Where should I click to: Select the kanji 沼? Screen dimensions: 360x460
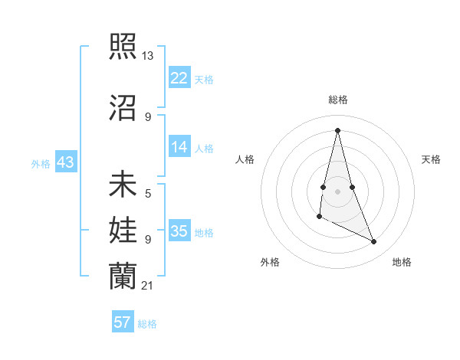123,108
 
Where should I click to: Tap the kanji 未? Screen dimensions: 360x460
123,185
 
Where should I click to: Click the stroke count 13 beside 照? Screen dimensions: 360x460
147,55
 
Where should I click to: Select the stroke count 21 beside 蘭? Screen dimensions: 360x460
147,286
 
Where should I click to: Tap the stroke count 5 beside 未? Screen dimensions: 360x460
147,195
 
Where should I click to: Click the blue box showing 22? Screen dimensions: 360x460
179,78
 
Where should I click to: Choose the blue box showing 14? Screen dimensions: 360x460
179,147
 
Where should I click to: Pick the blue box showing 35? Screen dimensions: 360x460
179,231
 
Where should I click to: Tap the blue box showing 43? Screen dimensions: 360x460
65,162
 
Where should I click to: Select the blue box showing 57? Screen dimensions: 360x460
123,322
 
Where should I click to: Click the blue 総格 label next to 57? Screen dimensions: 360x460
147,324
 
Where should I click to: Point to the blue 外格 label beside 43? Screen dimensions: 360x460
41,164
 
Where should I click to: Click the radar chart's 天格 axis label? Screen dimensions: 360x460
432,159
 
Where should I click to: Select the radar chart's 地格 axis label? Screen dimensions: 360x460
402,262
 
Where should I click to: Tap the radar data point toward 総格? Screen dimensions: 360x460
337,130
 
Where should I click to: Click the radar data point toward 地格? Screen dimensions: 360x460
374,242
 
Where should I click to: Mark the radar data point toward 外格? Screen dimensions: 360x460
319,218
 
